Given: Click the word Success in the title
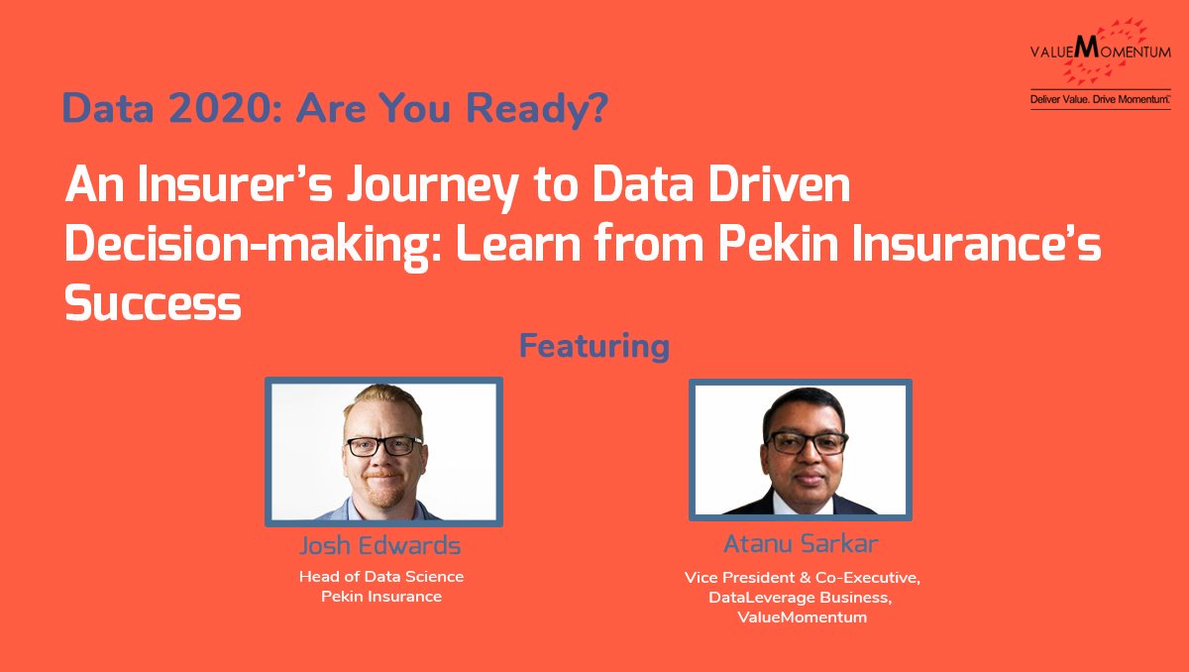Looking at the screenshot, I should click(153, 302).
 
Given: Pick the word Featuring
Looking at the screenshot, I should click(594, 347).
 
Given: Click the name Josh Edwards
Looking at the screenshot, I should click(380, 546).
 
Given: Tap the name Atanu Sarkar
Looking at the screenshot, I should click(802, 543).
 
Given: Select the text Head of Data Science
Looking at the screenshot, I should click(381, 576).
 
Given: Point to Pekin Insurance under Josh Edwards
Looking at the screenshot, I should click(381, 597).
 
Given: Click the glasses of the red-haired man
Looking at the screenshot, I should click(382, 445).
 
